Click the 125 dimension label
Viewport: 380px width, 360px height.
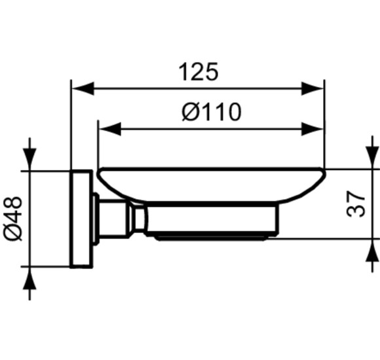click(199, 72)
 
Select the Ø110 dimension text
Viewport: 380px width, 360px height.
click(212, 112)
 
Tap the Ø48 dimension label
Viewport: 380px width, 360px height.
click(13, 219)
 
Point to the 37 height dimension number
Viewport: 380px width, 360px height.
click(356, 204)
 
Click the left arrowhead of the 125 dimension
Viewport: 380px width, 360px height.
click(83, 88)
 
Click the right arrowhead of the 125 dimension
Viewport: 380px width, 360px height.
click(313, 88)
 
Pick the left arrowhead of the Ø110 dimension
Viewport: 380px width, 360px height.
click(110, 129)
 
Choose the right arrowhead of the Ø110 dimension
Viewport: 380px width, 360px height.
click(313, 129)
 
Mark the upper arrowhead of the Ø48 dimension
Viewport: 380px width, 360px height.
click(29, 159)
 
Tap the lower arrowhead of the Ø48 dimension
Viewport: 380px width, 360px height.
click(29, 278)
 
